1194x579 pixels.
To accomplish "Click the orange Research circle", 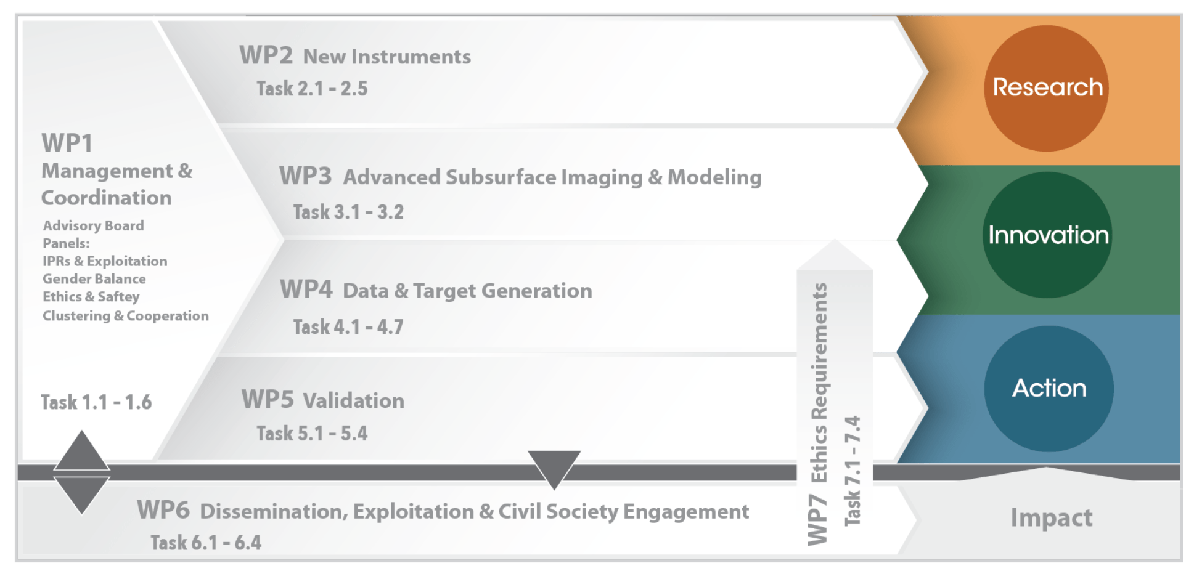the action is tap(1046, 88).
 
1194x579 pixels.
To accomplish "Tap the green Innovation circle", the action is tap(1047, 235).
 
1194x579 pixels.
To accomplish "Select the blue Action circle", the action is tap(1049, 388).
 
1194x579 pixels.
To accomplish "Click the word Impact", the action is tap(1051, 518).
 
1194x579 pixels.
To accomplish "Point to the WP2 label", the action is tap(266, 55).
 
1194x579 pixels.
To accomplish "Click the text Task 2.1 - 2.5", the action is tap(312, 89).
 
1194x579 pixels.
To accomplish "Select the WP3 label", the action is tap(305, 176).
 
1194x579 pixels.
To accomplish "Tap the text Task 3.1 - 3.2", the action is tap(348, 213).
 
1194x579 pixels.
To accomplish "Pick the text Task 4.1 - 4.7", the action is tap(348, 327).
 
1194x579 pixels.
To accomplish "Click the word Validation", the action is tap(354, 401).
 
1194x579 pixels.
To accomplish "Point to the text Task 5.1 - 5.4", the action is tap(312, 434).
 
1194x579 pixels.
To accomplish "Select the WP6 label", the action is tap(163, 511).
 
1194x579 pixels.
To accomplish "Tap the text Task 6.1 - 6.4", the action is tap(206, 543).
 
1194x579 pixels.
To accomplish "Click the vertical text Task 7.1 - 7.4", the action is tap(853, 471).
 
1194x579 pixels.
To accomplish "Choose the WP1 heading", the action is tap(67, 144).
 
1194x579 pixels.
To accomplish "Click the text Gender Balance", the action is tap(94, 279).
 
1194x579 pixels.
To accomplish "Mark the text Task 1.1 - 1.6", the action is tap(96, 403).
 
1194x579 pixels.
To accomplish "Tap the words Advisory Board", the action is tap(93, 226).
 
